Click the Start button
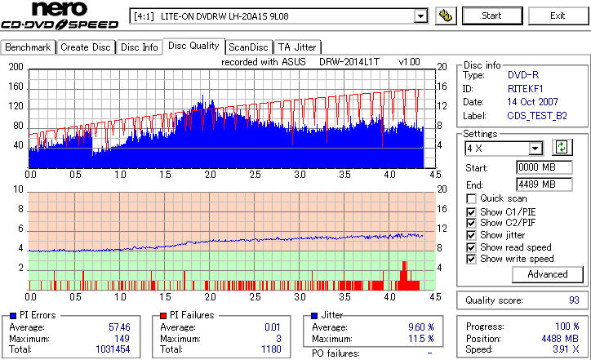pyautogui.click(x=491, y=16)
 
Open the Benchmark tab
pyautogui.click(x=28, y=47)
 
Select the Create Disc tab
pyautogui.click(x=85, y=47)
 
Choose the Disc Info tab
pyautogui.click(x=140, y=47)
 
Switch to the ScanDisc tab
pyautogui.click(x=249, y=47)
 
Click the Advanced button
pyautogui.click(x=547, y=274)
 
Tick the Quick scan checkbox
pyautogui.click(x=472, y=198)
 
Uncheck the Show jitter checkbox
pyautogui.click(x=472, y=235)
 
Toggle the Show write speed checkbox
pyautogui.click(x=472, y=259)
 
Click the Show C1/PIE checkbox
pyautogui.click(x=472, y=211)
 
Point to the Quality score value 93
pyautogui.click(x=574, y=300)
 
